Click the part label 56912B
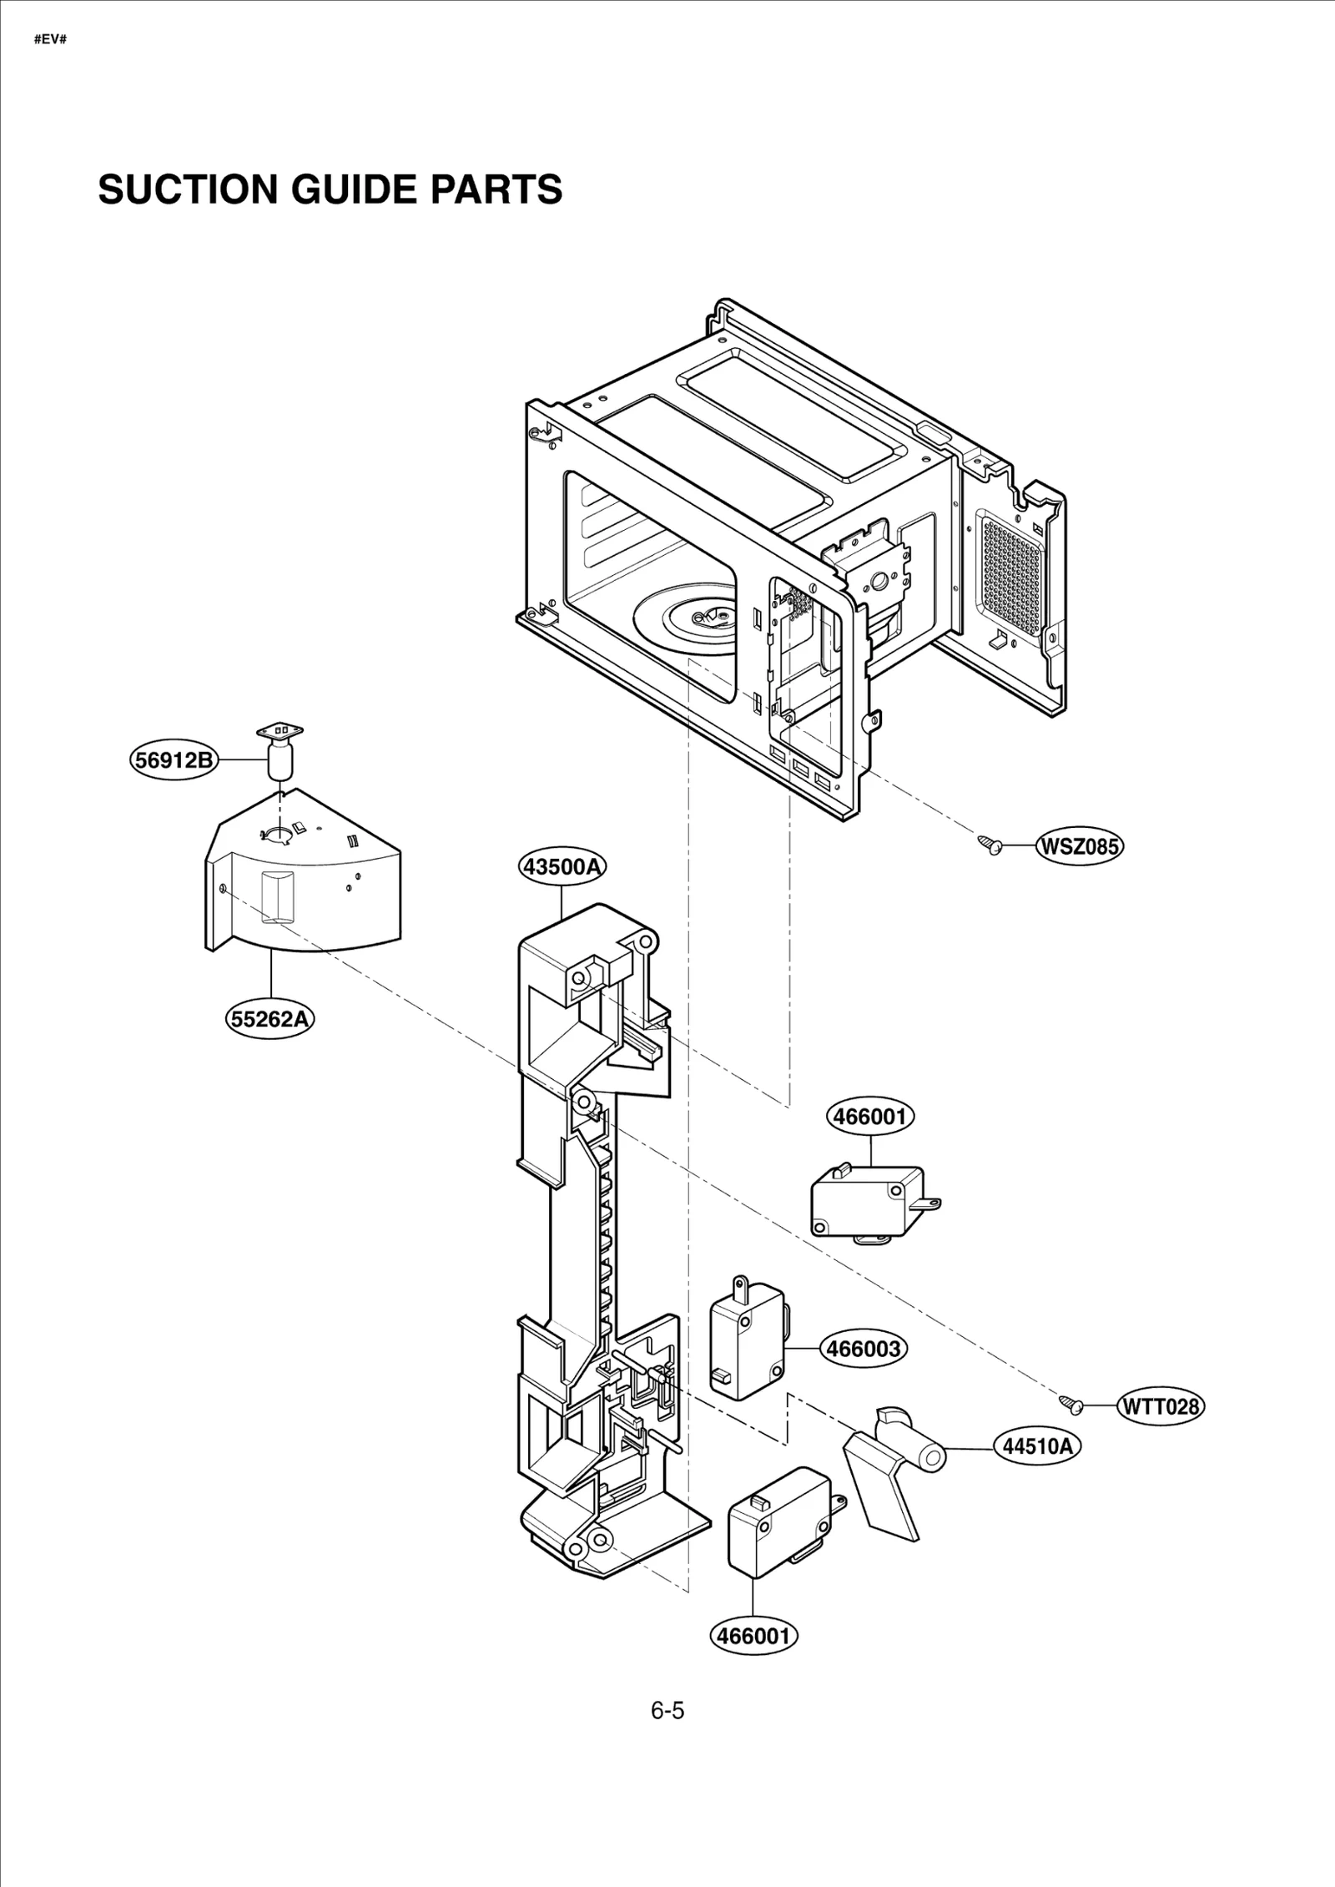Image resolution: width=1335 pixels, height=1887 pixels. click(174, 760)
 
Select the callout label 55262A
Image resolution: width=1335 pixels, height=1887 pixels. click(270, 1019)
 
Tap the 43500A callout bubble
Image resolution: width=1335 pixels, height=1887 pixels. click(562, 866)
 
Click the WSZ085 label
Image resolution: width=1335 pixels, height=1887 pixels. click(1080, 846)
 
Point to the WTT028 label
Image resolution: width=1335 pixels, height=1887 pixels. click(1161, 1406)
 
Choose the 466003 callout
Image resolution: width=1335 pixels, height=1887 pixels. click(864, 1348)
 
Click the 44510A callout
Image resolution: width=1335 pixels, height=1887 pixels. click(1037, 1446)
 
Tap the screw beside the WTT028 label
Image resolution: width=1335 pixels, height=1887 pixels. click(1071, 1405)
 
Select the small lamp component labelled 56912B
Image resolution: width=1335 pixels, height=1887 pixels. click(281, 751)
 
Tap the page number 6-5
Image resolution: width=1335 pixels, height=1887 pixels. click(667, 1711)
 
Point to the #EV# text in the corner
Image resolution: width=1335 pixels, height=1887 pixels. click(50, 39)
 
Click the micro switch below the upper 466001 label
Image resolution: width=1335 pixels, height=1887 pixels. click(868, 1203)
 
